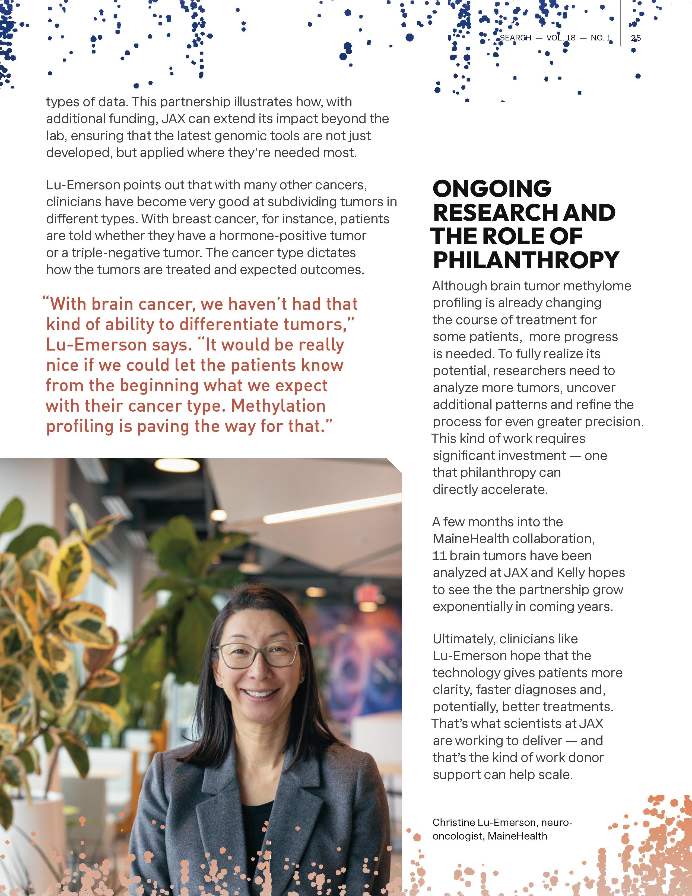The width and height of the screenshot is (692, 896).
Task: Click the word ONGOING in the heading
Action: click(x=492, y=189)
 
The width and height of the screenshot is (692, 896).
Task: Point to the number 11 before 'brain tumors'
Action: click(x=439, y=556)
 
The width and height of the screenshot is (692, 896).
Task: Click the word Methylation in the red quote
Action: click(x=278, y=406)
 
